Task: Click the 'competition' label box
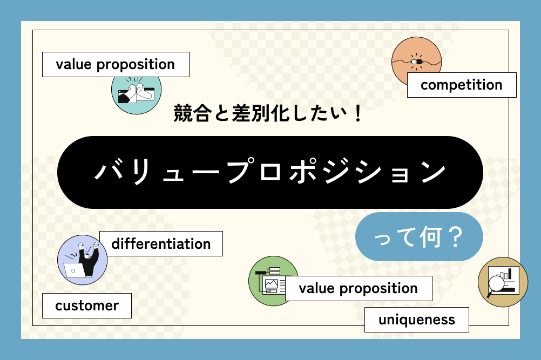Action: click(462, 85)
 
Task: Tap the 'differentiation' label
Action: click(161, 244)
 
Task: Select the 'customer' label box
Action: click(87, 305)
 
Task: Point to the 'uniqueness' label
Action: click(417, 320)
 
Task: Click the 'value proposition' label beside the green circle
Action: click(359, 288)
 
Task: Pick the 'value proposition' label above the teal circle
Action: click(116, 64)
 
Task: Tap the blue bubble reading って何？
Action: click(419, 236)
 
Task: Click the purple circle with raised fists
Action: click(82, 260)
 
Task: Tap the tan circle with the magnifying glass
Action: click(503, 282)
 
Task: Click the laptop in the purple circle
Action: click(74, 270)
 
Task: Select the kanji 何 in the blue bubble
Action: click(431, 237)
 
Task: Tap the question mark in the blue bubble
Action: click(456, 237)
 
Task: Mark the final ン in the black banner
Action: click(434, 172)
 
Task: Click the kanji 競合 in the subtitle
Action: click(192, 113)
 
